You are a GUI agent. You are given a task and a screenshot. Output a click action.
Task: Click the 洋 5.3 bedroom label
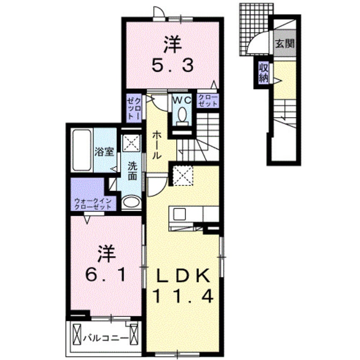(x=172, y=54)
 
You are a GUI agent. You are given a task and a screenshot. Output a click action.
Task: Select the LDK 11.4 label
(x=183, y=284)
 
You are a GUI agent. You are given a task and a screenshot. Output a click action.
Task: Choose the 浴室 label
(x=104, y=152)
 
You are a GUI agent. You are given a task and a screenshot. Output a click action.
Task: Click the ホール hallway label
(x=156, y=145)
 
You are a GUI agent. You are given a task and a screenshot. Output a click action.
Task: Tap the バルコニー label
(x=106, y=338)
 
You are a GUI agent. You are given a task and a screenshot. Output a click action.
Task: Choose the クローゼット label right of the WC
(x=207, y=101)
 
